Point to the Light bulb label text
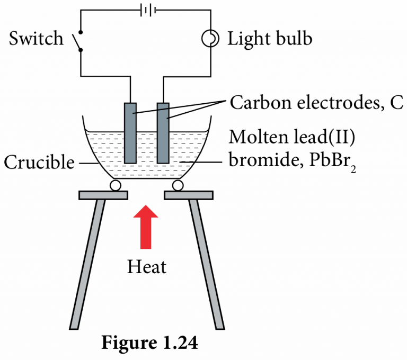270,39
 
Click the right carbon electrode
164,132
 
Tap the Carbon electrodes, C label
316,103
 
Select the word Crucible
39,163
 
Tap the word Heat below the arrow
147,266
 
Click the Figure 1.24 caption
150,343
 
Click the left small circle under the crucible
115,185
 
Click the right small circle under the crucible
178,185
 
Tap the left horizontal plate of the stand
103,195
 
